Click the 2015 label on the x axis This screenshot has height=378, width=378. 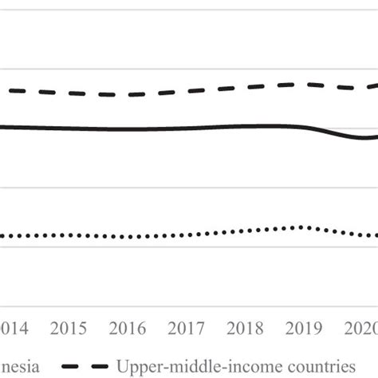tap(69, 329)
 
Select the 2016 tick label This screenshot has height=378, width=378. tap(128, 329)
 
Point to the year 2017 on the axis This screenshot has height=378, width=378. tap(186, 329)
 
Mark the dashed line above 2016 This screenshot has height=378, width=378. tap(128, 95)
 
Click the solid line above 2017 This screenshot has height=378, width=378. tap(186, 128)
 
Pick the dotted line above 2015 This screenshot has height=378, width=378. tap(69, 235)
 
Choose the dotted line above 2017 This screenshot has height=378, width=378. tap(186, 234)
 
